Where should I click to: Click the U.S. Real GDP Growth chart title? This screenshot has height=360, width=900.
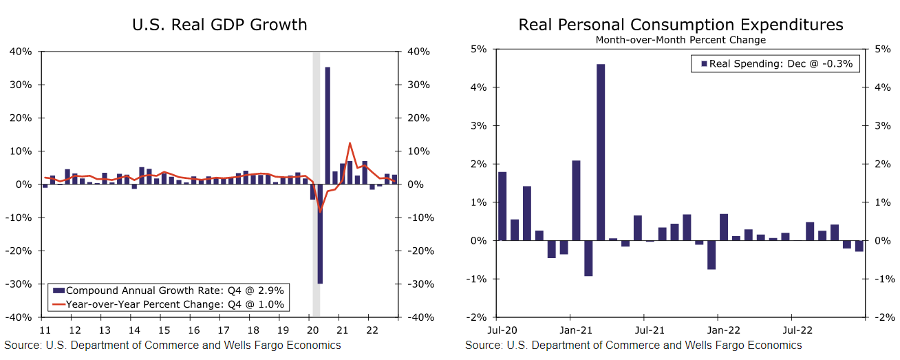click(x=219, y=25)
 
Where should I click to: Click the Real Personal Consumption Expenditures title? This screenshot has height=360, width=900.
click(x=681, y=25)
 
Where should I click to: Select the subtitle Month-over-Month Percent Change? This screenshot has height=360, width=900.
click(x=681, y=40)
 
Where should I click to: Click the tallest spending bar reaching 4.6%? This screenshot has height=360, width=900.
click(x=601, y=152)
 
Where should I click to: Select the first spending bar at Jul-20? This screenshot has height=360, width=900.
click(x=502, y=207)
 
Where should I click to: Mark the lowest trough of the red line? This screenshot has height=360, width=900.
click(x=320, y=211)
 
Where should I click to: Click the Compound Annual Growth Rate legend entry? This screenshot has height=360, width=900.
click(x=174, y=290)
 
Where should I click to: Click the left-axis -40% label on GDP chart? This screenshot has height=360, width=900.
click(x=21, y=317)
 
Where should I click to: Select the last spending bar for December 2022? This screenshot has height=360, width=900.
click(x=859, y=246)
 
